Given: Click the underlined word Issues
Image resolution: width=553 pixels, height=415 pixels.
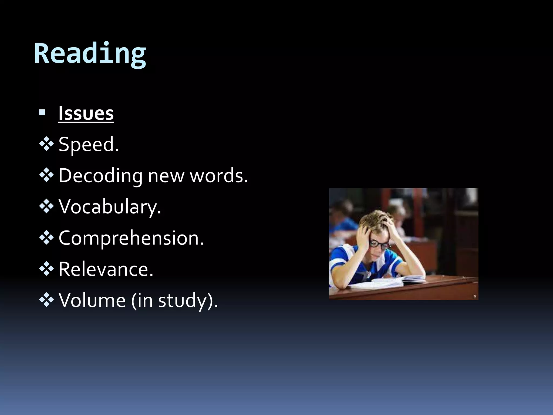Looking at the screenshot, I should pyautogui.click(x=86, y=113).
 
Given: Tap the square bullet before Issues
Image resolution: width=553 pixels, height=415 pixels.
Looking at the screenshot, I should pyautogui.click(x=42, y=112).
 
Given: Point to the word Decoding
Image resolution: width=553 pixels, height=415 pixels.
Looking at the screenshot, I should pyautogui.click(x=100, y=176).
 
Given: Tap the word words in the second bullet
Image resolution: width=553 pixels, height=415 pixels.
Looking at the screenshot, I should pyautogui.click(x=218, y=176).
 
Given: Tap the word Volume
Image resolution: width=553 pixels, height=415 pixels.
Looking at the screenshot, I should pyautogui.click(x=92, y=300).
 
